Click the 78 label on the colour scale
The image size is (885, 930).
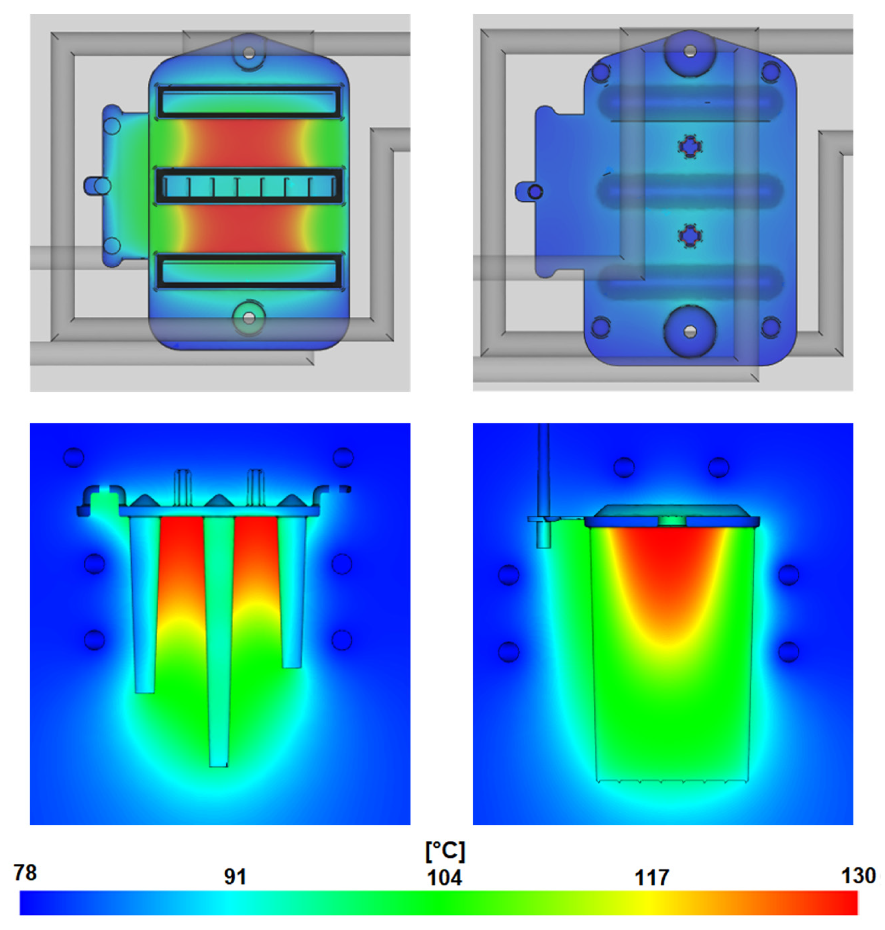click(25, 873)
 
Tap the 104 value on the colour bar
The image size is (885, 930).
click(444, 878)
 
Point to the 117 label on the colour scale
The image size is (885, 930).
click(652, 878)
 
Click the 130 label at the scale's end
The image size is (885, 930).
click(859, 876)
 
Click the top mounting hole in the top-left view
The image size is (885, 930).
click(249, 52)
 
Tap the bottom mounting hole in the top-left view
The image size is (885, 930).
click(249, 318)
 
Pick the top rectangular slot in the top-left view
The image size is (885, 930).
click(249, 101)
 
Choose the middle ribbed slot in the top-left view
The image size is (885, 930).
click(249, 185)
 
